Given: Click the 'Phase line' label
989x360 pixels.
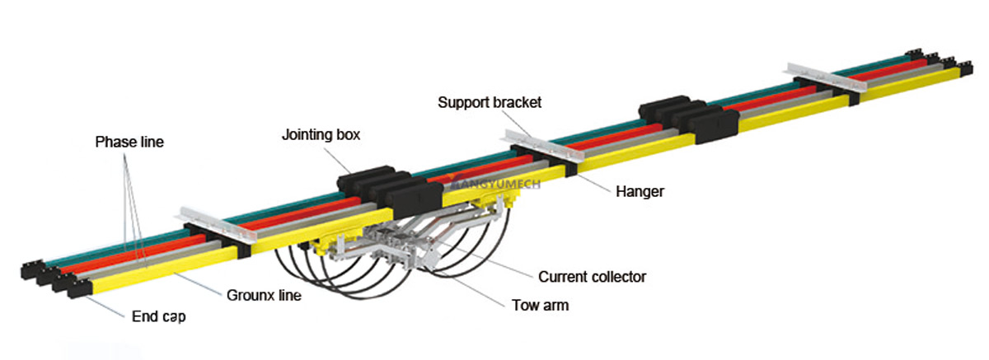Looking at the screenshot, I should [x=129, y=142].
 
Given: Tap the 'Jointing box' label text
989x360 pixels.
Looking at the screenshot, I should [x=321, y=133].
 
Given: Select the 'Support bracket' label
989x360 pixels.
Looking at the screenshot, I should [x=490, y=103].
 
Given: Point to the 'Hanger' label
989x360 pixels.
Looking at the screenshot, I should [x=640, y=191].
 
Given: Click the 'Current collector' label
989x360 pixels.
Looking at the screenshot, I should [x=592, y=277].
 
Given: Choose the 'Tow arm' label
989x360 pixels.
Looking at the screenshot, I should [x=541, y=305].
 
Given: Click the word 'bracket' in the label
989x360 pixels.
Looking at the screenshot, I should [x=516, y=103].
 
